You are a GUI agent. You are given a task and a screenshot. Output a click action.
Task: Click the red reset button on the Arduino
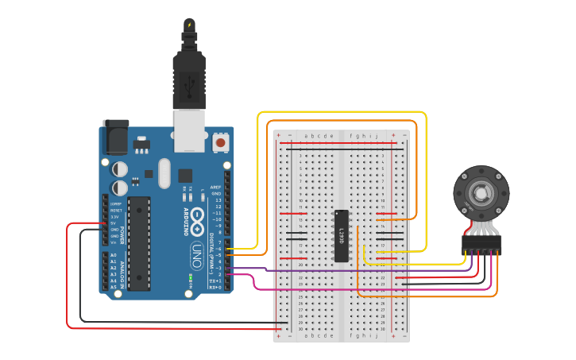[220, 143]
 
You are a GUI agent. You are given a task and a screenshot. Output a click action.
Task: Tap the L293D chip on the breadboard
[342, 235]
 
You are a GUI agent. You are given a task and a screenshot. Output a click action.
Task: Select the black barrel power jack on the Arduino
[116, 137]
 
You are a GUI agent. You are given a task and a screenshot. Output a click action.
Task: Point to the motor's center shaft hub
[481, 193]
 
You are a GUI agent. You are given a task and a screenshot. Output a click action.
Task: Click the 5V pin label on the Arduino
[114, 223]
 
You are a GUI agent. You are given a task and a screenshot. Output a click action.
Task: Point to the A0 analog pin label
[114, 255]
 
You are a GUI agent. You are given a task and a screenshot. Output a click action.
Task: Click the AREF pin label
[215, 187]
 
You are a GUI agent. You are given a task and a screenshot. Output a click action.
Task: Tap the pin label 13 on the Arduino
[217, 199]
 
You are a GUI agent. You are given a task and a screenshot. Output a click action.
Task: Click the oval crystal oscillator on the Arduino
[164, 172]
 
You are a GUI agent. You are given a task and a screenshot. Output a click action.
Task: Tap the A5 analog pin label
[114, 287]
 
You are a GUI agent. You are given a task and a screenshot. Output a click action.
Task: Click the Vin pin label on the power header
[114, 242]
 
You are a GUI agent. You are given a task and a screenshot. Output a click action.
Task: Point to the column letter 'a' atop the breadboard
[307, 136]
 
